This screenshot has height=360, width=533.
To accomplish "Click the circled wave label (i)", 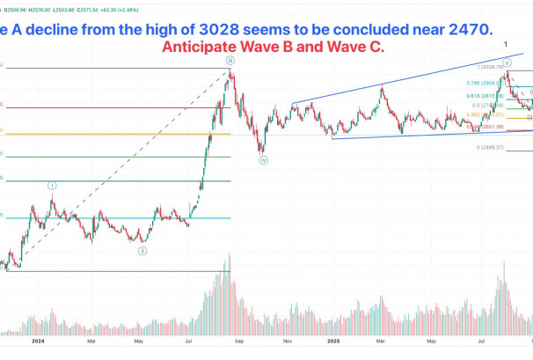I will click(x=52, y=186).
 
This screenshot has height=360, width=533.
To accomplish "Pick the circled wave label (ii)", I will click(x=142, y=251).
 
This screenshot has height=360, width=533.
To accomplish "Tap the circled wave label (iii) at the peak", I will click(x=230, y=61).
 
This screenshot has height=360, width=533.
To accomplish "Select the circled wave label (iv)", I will click(x=262, y=160).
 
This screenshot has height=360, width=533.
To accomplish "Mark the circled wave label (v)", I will click(x=507, y=62).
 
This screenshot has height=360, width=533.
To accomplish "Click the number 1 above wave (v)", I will click(x=507, y=44).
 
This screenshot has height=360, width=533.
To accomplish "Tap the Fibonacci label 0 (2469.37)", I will click(x=488, y=148).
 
